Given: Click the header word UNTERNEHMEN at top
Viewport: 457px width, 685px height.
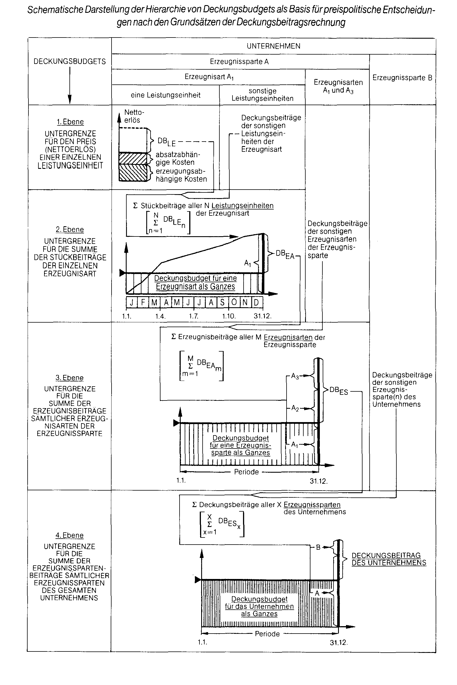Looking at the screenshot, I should [273, 46].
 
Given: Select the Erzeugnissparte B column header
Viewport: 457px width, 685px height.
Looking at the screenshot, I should [402, 78].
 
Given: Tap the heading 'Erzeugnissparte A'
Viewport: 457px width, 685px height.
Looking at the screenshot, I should [239, 62].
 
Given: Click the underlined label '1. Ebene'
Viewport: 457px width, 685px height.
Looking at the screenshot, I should [70, 122].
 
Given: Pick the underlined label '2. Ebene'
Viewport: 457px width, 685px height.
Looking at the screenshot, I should [70, 229].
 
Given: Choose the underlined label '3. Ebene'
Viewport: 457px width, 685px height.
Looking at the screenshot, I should [70, 377].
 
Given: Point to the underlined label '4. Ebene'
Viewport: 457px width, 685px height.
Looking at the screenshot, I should [70, 535].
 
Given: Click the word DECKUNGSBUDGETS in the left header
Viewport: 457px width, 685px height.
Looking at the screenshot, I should [70, 61].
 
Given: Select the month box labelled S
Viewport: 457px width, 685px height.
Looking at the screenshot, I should [222, 302].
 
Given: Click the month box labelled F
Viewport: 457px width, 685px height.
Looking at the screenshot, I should [143, 302].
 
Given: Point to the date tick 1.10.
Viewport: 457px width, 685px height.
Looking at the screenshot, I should [229, 316].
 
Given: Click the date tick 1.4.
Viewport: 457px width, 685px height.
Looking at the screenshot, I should [160, 316].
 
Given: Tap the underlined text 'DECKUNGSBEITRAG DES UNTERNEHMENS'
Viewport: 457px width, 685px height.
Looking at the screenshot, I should [389, 559].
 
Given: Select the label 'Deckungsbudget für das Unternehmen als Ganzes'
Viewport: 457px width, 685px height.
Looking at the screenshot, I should [260, 606].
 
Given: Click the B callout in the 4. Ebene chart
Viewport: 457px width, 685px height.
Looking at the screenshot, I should [318, 547].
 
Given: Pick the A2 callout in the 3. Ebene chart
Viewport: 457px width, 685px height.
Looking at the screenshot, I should [295, 408].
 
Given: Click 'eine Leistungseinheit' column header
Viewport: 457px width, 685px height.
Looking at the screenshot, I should [166, 95].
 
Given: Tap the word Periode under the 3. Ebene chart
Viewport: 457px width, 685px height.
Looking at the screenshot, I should [246, 472].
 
